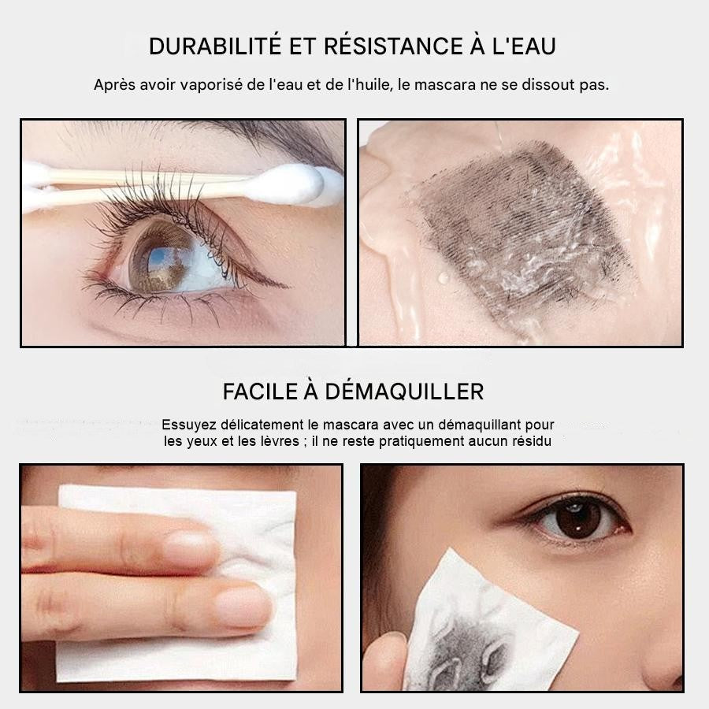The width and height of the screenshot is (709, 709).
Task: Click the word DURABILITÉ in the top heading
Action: pyautogui.click(x=215, y=46)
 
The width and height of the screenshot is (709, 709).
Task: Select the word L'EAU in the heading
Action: pyautogui.click(x=524, y=46)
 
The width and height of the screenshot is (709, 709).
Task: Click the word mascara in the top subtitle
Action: pyautogui.click(x=445, y=84)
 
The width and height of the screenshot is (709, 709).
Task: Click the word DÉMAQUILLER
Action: pyautogui.click(x=405, y=392)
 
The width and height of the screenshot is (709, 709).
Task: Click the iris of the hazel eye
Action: pyautogui.click(x=159, y=258)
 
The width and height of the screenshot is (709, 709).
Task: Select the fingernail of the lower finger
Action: pyautogui.click(x=243, y=606)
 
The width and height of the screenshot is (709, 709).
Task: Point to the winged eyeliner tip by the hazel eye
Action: pyautogui.click(x=285, y=286)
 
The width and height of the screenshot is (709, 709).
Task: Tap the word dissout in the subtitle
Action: pyautogui.click(x=548, y=84)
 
